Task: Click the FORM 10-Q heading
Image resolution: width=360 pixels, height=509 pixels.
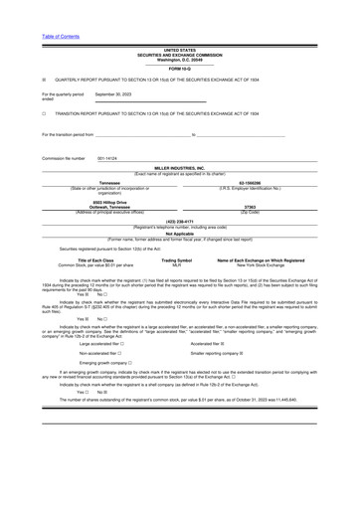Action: point(180,68)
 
